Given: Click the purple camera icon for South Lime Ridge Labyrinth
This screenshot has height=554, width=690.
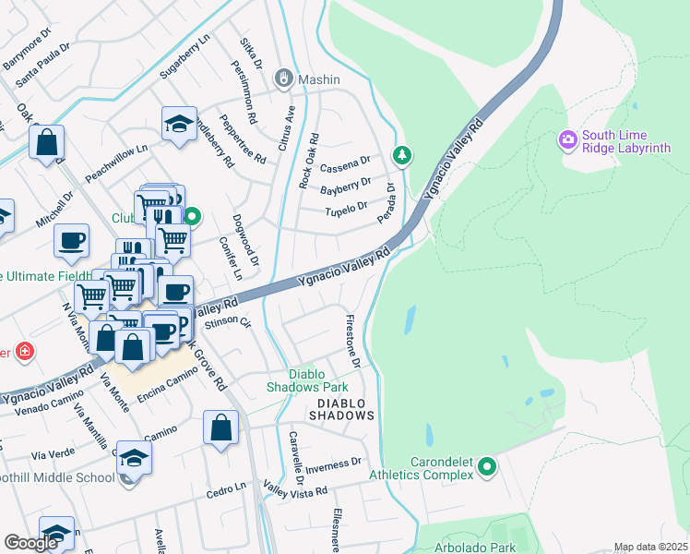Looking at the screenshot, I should tap(568, 140).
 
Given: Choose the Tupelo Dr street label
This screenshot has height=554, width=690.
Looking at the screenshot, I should tap(346, 211).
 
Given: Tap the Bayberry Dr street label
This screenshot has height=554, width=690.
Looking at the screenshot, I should tap(345, 188).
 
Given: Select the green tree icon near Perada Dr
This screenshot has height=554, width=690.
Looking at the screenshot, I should tap(400, 155).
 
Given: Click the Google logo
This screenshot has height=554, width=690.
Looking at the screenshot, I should tap(30, 543).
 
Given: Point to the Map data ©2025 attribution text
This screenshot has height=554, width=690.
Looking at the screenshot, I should tap(650, 547).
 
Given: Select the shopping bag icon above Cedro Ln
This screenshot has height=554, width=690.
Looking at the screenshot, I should tap(221, 428).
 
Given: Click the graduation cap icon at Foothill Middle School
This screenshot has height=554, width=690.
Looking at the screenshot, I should tap(134, 459).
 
